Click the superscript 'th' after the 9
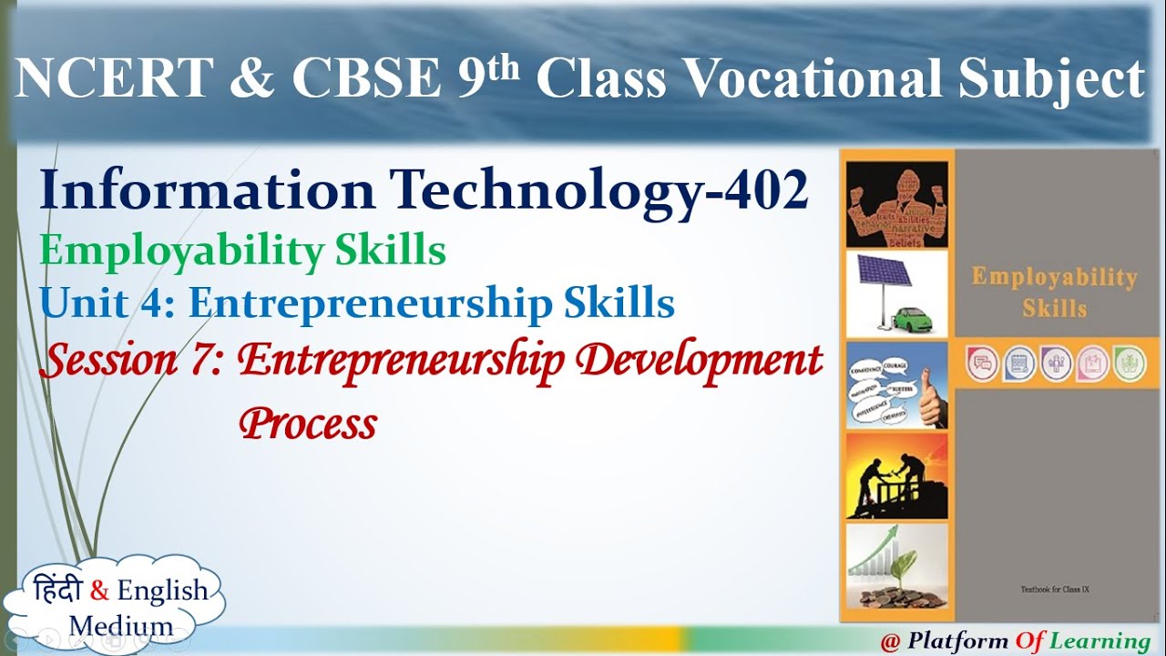502,67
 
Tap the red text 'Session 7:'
132,361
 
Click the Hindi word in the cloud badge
57,590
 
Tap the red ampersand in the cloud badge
99,591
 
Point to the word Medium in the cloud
120,626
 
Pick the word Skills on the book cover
1054,309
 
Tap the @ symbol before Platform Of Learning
890,641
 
